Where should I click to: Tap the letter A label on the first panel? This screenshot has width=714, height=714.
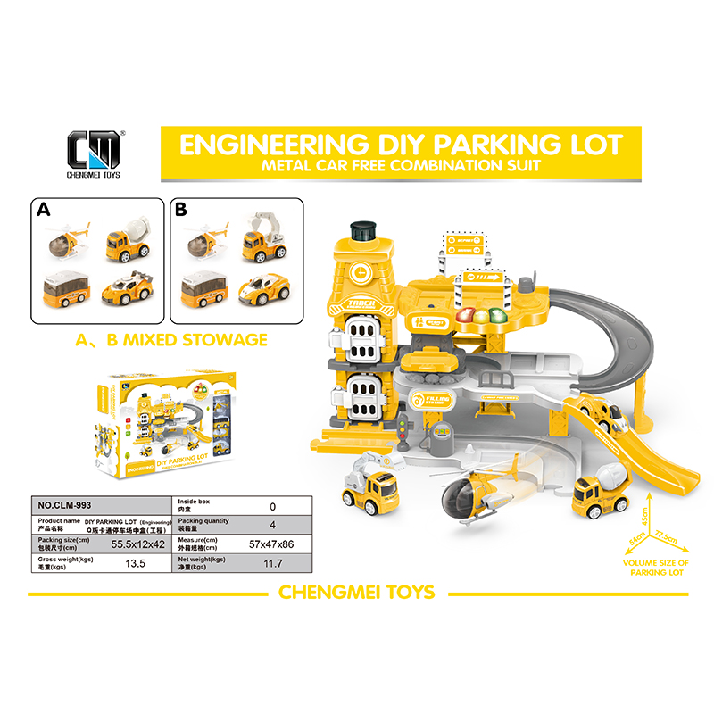tap(42, 212)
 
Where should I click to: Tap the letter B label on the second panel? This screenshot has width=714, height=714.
tap(181, 212)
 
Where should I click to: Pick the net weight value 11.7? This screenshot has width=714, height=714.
tap(272, 563)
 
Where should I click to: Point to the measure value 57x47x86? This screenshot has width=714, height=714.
tap(272, 543)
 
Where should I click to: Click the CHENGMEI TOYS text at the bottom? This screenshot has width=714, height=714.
tap(357, 592)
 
